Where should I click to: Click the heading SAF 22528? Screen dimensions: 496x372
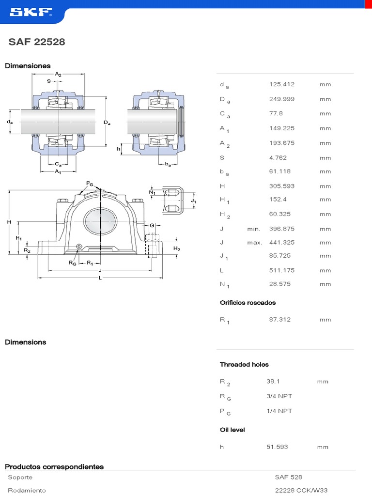[x=37, y=42]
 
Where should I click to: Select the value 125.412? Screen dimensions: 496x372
[x=281, y=84]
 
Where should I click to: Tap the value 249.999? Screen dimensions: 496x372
[x=281, y=99]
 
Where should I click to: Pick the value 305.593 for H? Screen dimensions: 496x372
[x=281, y=186]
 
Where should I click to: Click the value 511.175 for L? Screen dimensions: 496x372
[x=281, y=270]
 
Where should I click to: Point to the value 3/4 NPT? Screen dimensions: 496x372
[x=279, y=396]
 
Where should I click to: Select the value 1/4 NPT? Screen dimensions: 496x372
[x=279, y=411]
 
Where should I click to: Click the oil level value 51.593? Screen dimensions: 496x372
[x=277, y=447]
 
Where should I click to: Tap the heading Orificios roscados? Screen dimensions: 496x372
[x=248, y=303]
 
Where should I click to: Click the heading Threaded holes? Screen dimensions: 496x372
[x=244, y=364]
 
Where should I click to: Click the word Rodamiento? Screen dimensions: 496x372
[x=27, y=490]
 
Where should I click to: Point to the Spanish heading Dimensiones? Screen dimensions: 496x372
[x=28, y=66]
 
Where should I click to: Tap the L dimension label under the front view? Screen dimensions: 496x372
[x=100, y=278]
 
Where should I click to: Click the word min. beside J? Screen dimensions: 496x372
[x=254, y=229]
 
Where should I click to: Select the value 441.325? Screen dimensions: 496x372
[x=281, y=242]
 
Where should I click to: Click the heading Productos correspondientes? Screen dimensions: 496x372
[x=54, y=467]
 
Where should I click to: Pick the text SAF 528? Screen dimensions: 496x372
[x=288, y=477]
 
